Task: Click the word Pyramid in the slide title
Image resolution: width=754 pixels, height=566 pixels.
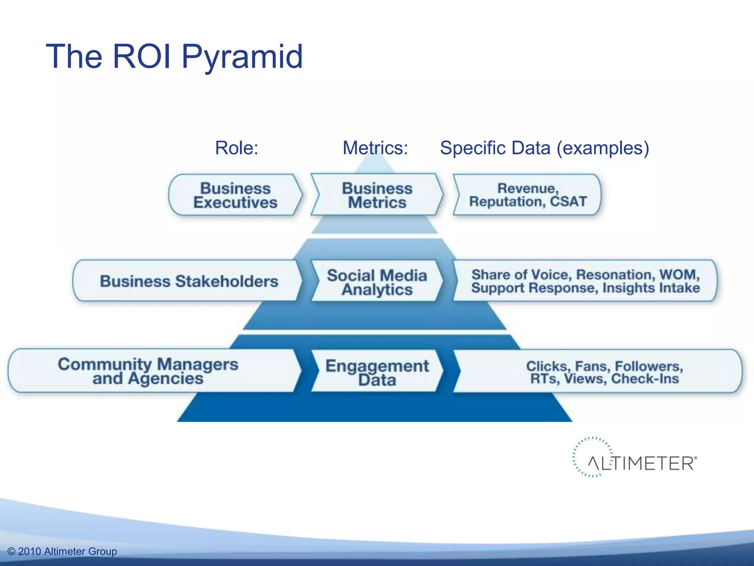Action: [x=242, y=57]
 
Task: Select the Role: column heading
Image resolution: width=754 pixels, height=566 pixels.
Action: [x=237, y=148]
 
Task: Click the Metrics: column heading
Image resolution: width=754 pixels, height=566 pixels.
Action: [x=375, y=148]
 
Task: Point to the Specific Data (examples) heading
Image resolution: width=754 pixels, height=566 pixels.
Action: [x=545, y=148]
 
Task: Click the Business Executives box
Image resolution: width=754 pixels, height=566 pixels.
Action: [x=235, y=195]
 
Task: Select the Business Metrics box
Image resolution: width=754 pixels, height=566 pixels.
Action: [x=377, y=195]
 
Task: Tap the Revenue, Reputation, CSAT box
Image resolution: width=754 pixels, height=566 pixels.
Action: [x=527, y=195]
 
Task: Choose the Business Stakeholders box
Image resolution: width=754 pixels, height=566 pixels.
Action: [x=188, y=281]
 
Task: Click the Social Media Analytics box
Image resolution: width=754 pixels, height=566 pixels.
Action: [x=377, y=282]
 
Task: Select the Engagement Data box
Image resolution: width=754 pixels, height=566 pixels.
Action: [x=377, y=372]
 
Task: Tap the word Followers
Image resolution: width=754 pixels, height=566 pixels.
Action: [x=649, y=366]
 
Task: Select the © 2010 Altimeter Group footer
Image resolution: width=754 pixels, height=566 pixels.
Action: [x=62, y=551]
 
